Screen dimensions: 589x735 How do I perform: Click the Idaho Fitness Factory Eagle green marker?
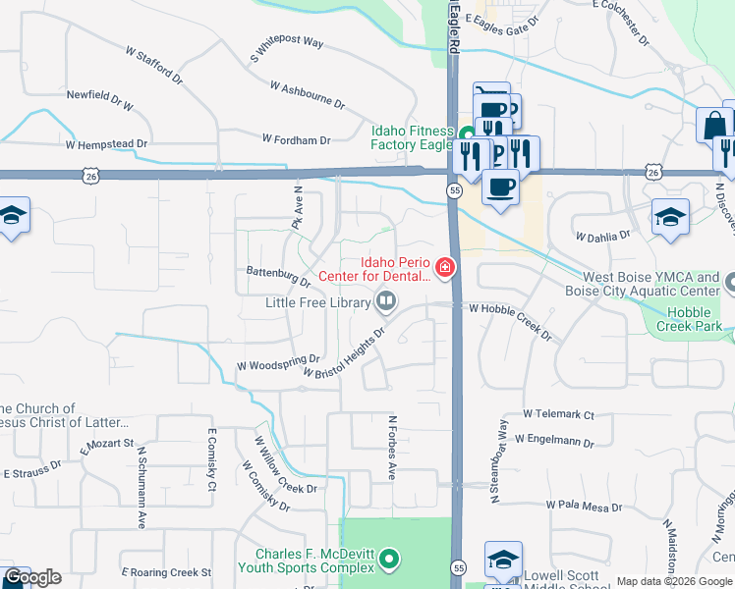click(467, 132)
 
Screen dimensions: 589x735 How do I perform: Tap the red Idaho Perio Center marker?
click(445, 267)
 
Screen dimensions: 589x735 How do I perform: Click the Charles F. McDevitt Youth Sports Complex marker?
click(390, 560)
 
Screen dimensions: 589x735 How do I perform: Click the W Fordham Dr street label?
click(296, 140)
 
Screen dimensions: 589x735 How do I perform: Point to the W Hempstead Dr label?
click(106, 143)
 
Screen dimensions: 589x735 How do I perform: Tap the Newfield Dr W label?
click(99, 98)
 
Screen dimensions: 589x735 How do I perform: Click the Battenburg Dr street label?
click(278, 272)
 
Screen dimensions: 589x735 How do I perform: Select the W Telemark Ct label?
click(559, 415)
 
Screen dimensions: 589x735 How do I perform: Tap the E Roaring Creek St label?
click(166, 571)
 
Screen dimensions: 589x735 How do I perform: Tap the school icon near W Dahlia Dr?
click(670, 217)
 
